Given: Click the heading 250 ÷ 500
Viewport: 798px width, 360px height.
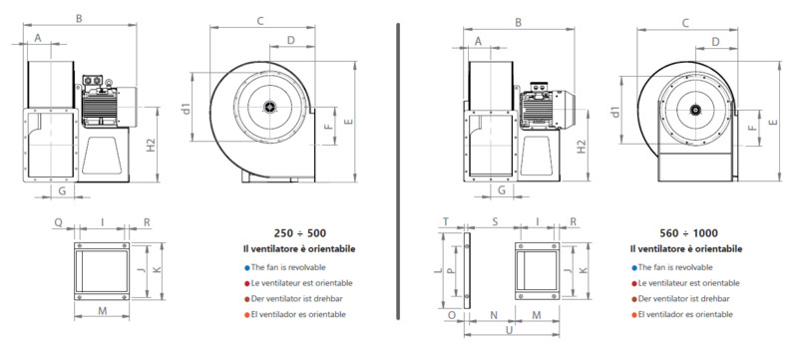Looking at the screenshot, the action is [x=300, y=233].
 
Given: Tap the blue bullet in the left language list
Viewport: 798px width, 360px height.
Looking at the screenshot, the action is [x=246, y=267].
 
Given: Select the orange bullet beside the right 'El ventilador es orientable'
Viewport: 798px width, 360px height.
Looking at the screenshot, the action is [x=633, y=315].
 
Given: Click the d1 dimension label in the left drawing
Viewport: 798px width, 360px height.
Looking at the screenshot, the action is [x=187, y=109].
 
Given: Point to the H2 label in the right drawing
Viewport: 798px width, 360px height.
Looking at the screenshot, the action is [x=582, y=146].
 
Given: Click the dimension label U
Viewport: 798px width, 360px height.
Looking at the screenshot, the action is [x=509, y=329].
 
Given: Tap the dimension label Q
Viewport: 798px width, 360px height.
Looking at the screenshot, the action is [x=59, y=222].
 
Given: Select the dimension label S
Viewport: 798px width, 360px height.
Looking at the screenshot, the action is [x=494, y=222].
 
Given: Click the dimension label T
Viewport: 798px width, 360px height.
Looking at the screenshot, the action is [x=446, y=221].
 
